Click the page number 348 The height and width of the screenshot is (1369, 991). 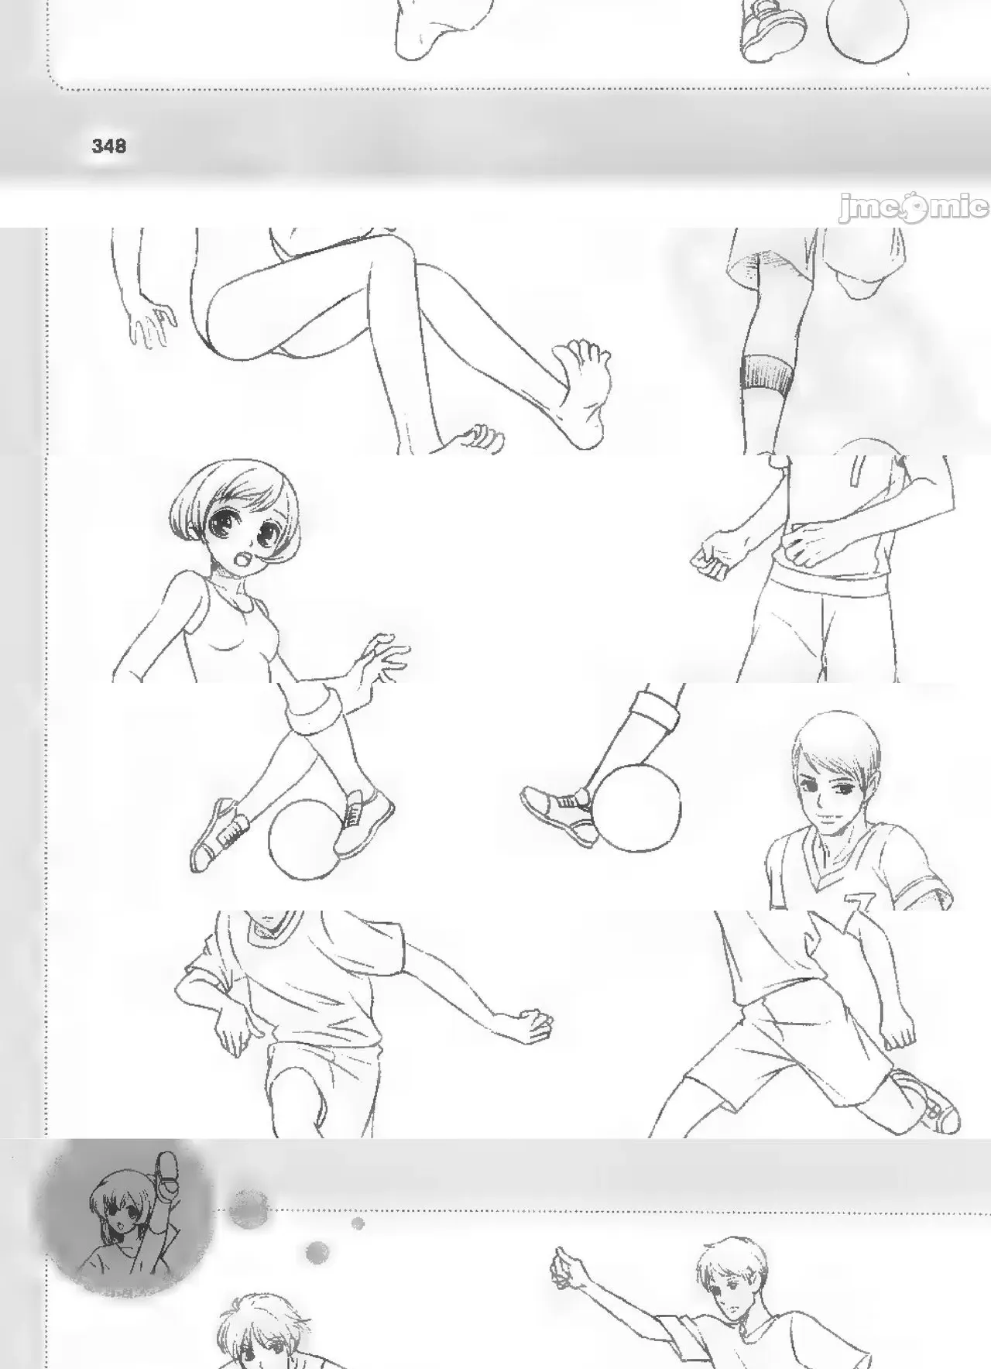point(108,146)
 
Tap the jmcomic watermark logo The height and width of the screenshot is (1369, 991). point(914,208)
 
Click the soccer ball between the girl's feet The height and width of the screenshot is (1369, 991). point(304,839)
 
